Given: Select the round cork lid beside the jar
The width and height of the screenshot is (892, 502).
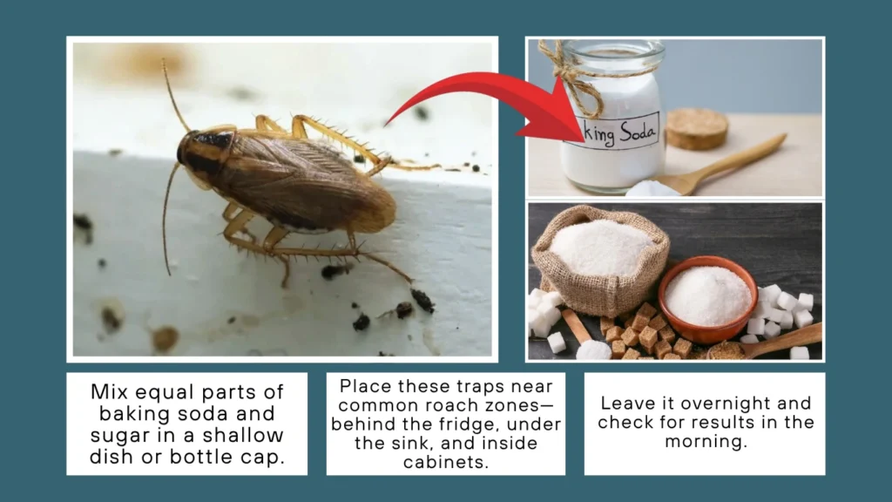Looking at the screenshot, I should (x=697, y=128).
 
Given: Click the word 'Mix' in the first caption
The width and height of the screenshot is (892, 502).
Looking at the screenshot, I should (x=109, y=392).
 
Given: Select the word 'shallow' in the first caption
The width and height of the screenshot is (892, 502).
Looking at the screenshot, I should (x=252, y=435).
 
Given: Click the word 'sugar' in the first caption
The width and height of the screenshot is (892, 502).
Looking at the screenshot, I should (x=116, y=435).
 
